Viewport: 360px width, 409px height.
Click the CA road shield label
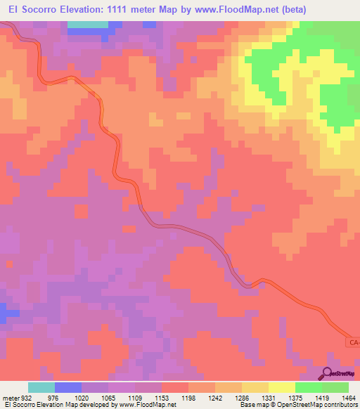coord(354,342)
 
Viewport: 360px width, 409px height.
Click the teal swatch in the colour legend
coord(41,387)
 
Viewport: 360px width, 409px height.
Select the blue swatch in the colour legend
coord(67,387)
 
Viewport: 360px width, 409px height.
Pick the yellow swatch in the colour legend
coord(281,387)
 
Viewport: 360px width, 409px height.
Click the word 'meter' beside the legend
coord(9,396)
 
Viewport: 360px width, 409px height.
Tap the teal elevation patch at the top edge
coord(88,24)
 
